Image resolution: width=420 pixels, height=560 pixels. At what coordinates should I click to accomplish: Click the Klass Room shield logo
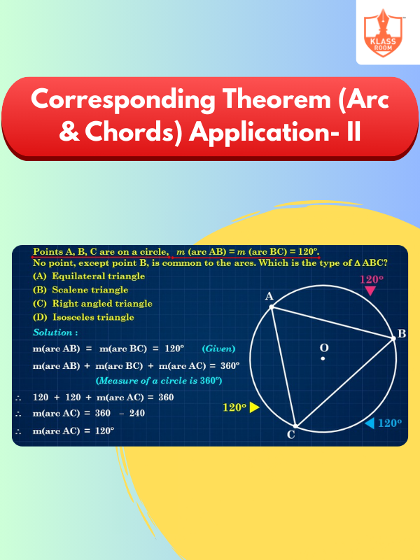tap(384, 33)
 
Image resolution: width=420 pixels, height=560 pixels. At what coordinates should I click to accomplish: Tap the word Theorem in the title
tap(276, 99)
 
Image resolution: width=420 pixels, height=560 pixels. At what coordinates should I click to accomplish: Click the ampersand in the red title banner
tap(69, 132)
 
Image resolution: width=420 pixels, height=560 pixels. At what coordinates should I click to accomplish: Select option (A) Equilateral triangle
tap(89, 276)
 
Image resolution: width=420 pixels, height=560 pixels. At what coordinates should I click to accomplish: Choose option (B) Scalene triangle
tap(80, 290)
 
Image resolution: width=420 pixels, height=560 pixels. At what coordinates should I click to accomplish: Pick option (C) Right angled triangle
tap(92, 304)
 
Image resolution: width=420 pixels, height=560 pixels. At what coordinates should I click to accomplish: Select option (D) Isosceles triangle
tap(83, 317)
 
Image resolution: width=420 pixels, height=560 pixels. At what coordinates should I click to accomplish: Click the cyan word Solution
tap(53, 332)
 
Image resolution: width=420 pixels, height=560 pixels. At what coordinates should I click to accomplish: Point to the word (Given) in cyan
tap(218, 349)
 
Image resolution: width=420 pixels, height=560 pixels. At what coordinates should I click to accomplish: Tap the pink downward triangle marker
tap(370, 291)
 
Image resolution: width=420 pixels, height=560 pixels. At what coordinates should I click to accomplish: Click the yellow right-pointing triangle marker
tap(254, 407)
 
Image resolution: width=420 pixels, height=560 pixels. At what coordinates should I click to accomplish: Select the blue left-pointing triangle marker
tap(370, 423)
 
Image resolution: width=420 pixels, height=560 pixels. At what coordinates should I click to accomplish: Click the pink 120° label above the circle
tap(372, 279)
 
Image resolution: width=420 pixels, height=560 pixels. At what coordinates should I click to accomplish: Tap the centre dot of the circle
tap(323, 358)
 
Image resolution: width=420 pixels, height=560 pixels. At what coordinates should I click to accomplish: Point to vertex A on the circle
tap(272, 307)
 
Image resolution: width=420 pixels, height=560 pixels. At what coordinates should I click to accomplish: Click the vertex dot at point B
tap(393, 338)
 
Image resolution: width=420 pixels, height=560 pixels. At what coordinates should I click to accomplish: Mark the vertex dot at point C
tap(295, 426)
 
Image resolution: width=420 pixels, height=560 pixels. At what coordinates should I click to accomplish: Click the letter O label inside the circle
tap(324, 348)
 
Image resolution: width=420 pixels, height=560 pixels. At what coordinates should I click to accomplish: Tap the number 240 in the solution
tap(137, 413)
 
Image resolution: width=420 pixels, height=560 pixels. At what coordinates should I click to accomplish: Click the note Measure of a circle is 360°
tap(159, 381)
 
